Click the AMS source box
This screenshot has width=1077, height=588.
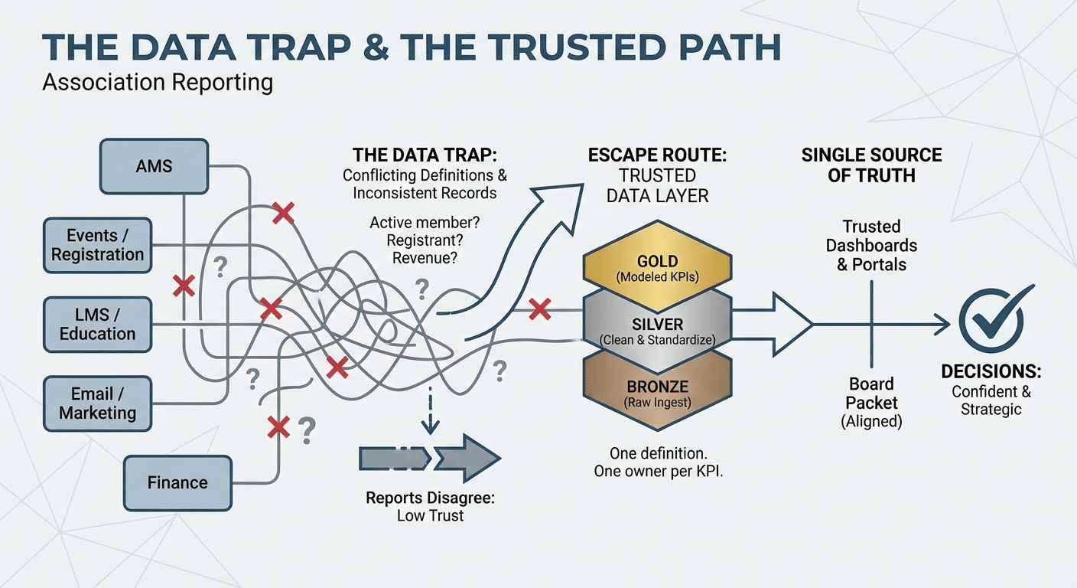click(x=154, y=166)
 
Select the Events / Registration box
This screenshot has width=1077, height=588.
click(x=98, y=245)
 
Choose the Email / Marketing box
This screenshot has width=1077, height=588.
click(x=98, y=403)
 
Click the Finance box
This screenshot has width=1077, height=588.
click(x=177, y=482)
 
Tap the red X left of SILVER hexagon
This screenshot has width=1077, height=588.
click(x=540, y=310)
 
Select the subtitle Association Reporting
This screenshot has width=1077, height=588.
click(x=158, y=82)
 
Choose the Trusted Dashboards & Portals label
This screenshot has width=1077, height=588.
click(x=871, y=246)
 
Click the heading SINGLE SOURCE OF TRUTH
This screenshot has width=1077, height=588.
click(x=871, y=165)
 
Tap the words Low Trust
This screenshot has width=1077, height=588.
click(x=430, y=515)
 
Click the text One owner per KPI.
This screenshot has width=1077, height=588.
click(x=659, y=472)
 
